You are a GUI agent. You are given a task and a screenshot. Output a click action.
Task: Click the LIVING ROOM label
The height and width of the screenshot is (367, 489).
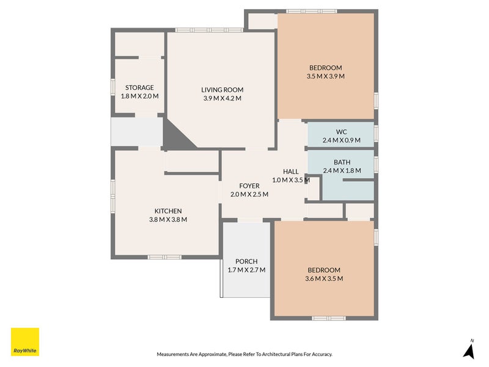(x=222, y=90)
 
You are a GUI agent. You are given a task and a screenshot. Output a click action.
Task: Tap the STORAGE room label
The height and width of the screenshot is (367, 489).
(x=139, y=87)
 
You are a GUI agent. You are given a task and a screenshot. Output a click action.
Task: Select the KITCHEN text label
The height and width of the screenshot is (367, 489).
(x=167, y=211)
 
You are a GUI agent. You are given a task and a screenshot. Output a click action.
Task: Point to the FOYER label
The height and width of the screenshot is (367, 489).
(x=249, y=186)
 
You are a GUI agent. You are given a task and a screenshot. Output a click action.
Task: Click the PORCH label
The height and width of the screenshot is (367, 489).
(x=246, y=262)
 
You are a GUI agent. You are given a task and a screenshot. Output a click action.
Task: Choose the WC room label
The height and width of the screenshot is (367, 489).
(x=341, y=132)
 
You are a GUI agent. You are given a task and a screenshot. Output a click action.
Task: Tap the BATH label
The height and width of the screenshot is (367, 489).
(x=342, y=162)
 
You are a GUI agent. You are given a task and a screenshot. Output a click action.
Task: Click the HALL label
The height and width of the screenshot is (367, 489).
(x=291, y=171)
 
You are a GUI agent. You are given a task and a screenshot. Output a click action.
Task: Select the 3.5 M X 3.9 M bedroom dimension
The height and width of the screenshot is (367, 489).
(x=325, y=76)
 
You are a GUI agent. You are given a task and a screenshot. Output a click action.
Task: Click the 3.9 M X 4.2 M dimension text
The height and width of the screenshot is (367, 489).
(x=222, y=98)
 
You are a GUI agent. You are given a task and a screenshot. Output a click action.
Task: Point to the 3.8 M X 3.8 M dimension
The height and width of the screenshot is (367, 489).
(x=167, y=220)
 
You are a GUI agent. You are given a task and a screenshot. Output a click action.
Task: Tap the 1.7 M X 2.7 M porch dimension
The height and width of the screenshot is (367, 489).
(x=246, y=270)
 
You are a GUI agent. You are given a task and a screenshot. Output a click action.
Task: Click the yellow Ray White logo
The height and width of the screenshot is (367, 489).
(x=25, y=343)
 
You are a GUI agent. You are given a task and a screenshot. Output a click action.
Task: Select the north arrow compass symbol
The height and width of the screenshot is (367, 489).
(x=469, y=350)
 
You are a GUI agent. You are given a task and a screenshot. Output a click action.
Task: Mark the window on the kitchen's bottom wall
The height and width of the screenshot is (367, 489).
(x=164, y=257)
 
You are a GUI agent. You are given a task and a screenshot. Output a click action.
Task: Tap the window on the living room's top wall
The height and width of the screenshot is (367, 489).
(x=208, y=30)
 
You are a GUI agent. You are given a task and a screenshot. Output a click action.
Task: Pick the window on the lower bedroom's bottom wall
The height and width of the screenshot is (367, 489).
(x=329, y=318)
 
